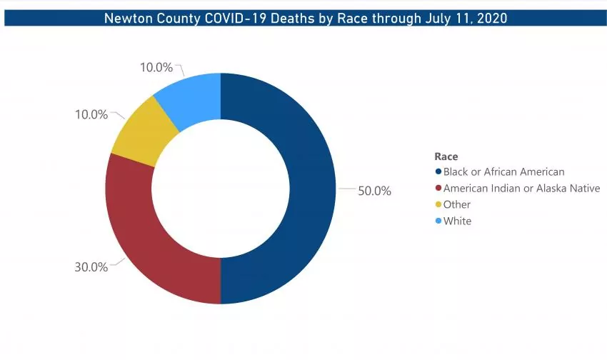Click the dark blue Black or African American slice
(307, 189)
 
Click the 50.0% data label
(374, 191)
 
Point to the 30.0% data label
(91, 267)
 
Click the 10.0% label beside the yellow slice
(91, 114)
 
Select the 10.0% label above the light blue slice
(156, 68)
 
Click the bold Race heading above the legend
(446, 156)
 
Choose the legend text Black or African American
(503, 172)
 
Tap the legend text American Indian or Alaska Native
(521, 189)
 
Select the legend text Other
(457, 205)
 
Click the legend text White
(457, 221)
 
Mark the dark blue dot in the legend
(438, 172)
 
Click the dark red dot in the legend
(438, 189)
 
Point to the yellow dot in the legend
(438, 205)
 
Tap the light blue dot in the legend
(438, 221)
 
